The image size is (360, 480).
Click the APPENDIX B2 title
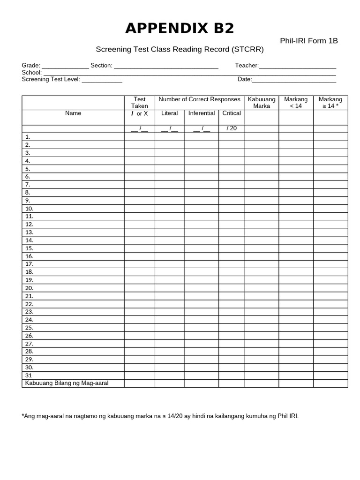click(x=180, y=29)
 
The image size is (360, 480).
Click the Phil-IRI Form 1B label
click(x=308, y=41)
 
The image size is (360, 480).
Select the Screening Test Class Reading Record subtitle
click(x=180, y=49)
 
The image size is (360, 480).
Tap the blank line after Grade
click(x=65, y=66)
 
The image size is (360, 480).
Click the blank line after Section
click(x=166, y=66)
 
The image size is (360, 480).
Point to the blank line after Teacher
click(x=297, y=66)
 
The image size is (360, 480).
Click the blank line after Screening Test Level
click(x=102, y=80)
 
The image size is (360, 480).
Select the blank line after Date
click(x=294, y=80)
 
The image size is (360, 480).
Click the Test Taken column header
click(x=140, y=103)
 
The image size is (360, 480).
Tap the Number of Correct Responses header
click(x=199, y=99)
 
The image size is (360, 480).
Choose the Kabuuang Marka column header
click(x=262, y=103)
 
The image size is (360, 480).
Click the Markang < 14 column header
click(x=296, y=103)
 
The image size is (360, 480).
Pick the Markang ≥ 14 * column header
click(x=330, y=103)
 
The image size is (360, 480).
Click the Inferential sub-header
click(x=202, y=113)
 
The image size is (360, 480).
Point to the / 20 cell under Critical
click(x=232, y=129)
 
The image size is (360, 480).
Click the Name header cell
click(x=73, y=113)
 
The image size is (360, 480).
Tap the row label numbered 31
click(x=29, y=375)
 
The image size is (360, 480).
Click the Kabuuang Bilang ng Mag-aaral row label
click(x=67, y=383)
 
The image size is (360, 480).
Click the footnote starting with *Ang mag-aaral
click(x=160, y=416)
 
